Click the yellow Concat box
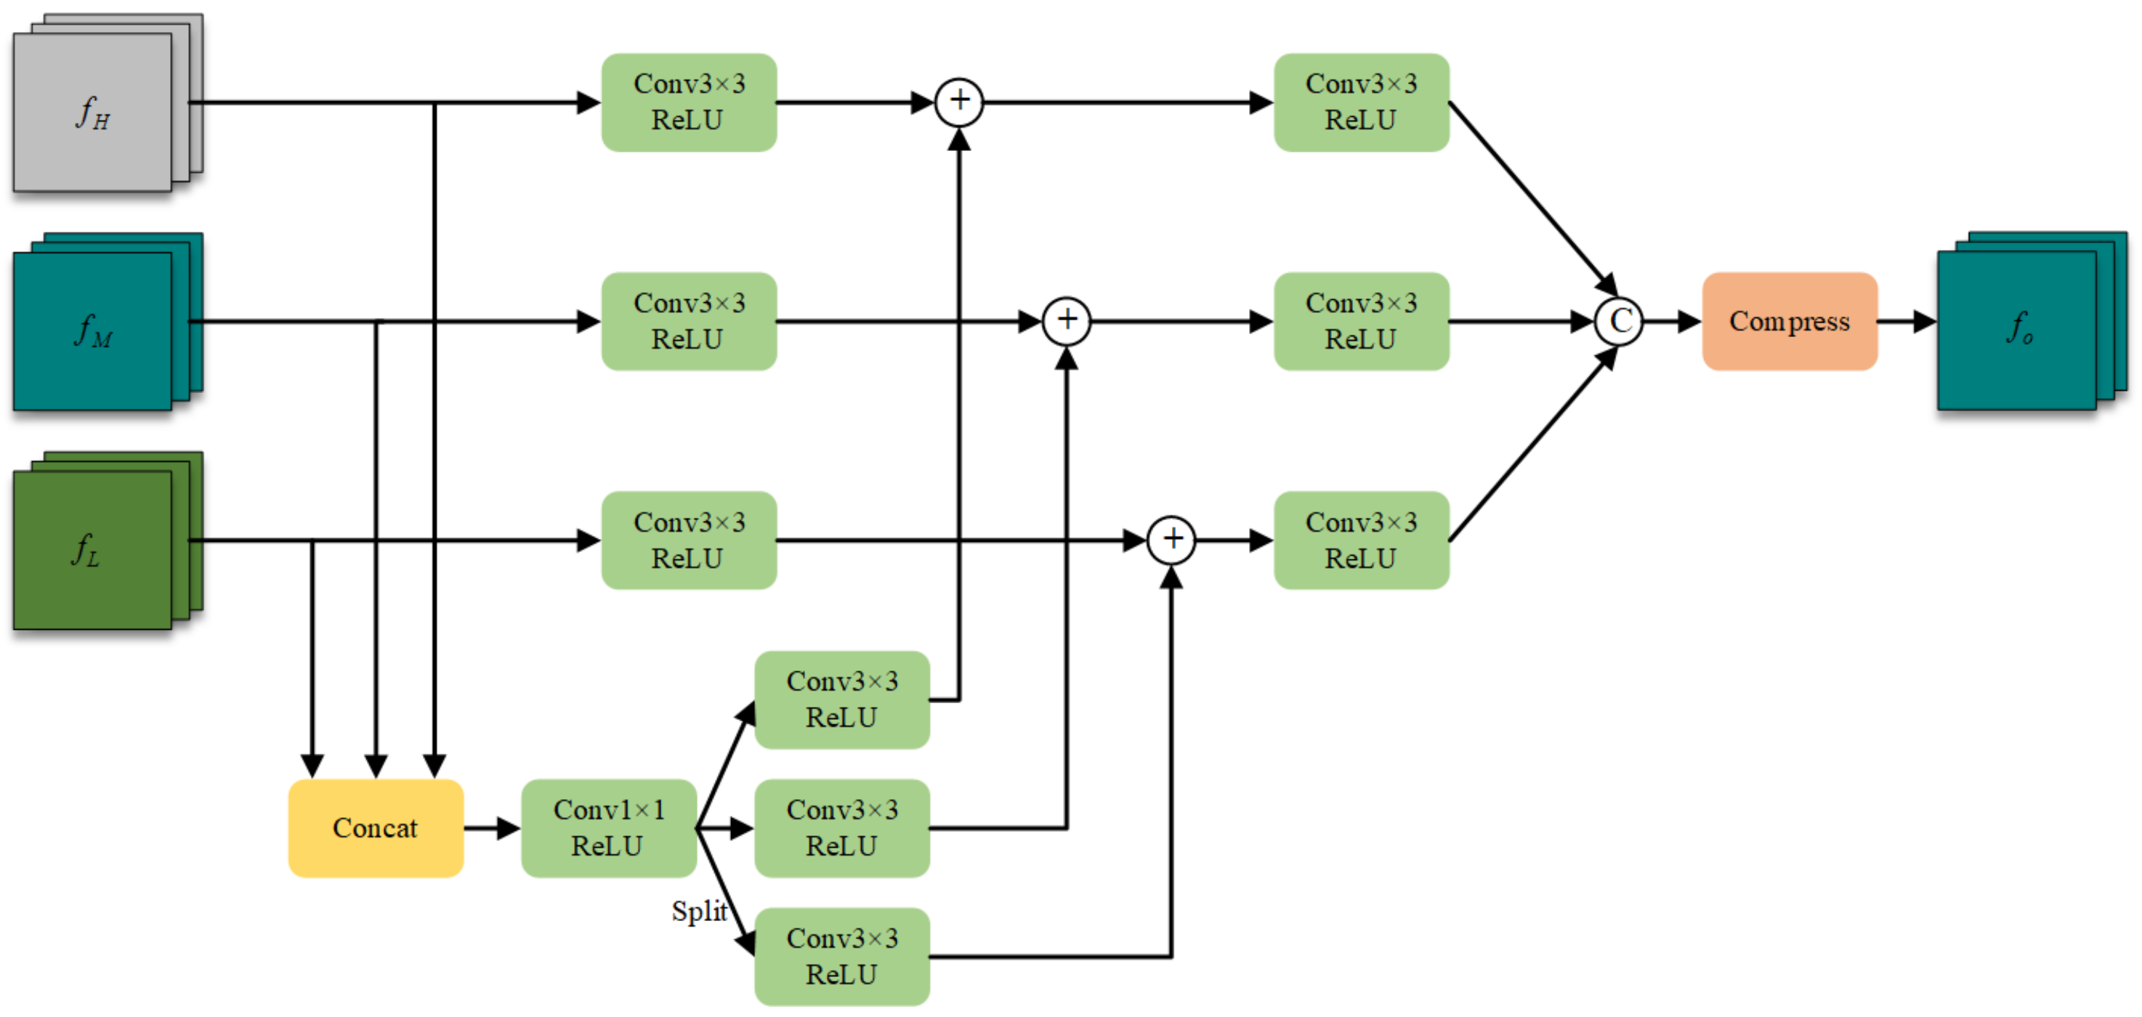[375, 827]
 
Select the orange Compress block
[1789, 321]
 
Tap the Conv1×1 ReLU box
[608, 827]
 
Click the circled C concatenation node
[1618, 321]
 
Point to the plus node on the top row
[959, 102]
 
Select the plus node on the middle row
[1066, 321]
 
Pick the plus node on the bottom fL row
[1171, 540]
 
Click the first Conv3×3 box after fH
[689, 102]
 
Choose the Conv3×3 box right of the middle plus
[1360, 321]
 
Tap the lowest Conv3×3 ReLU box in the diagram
[841, 956]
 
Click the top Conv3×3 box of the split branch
[841, 700]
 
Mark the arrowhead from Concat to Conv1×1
[508, 828]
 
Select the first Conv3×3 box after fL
[689, 540]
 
